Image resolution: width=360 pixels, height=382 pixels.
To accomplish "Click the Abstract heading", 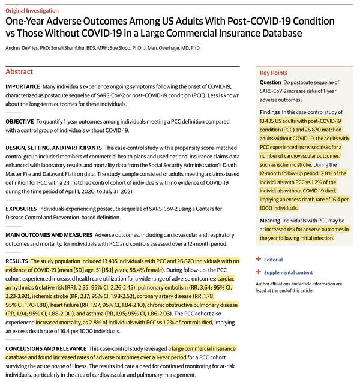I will coord(19,71).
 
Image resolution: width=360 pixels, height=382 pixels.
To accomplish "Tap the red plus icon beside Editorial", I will coord(259,260).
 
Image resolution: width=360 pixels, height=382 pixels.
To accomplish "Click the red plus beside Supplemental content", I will coord(259,272).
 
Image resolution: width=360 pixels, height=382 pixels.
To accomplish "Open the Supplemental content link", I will coord(292,272).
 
